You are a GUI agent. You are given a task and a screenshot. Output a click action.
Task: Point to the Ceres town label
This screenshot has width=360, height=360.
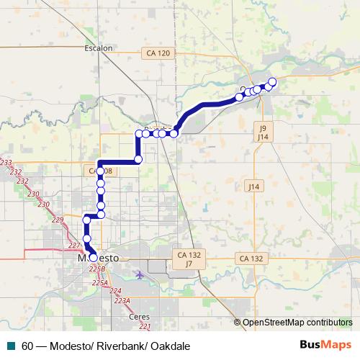(x=138, y=316)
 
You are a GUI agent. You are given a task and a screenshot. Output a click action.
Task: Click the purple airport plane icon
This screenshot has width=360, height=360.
(x=139, y=274)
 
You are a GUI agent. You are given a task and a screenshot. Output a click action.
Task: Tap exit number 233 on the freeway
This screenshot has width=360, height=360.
(x=6, y=163)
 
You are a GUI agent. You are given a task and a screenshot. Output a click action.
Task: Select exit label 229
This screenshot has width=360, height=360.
(x=58, y=219)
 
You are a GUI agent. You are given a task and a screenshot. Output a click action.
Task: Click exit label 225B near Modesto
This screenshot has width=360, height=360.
(x=97, y=269)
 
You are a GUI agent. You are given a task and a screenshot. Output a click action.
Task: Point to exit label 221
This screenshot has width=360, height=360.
(x=145, y=326)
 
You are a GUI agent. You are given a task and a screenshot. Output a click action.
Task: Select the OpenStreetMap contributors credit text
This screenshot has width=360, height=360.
(x=297, y=322)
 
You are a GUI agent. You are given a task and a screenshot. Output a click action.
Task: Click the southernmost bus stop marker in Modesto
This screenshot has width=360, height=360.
(x=93, y=258)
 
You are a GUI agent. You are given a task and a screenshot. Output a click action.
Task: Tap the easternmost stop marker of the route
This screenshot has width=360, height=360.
(x=272, y=81)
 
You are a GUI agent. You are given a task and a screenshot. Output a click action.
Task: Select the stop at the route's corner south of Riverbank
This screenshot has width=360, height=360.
(x=138, y=158)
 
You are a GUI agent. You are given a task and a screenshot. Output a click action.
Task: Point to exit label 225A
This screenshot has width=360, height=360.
(x=99, y=283)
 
